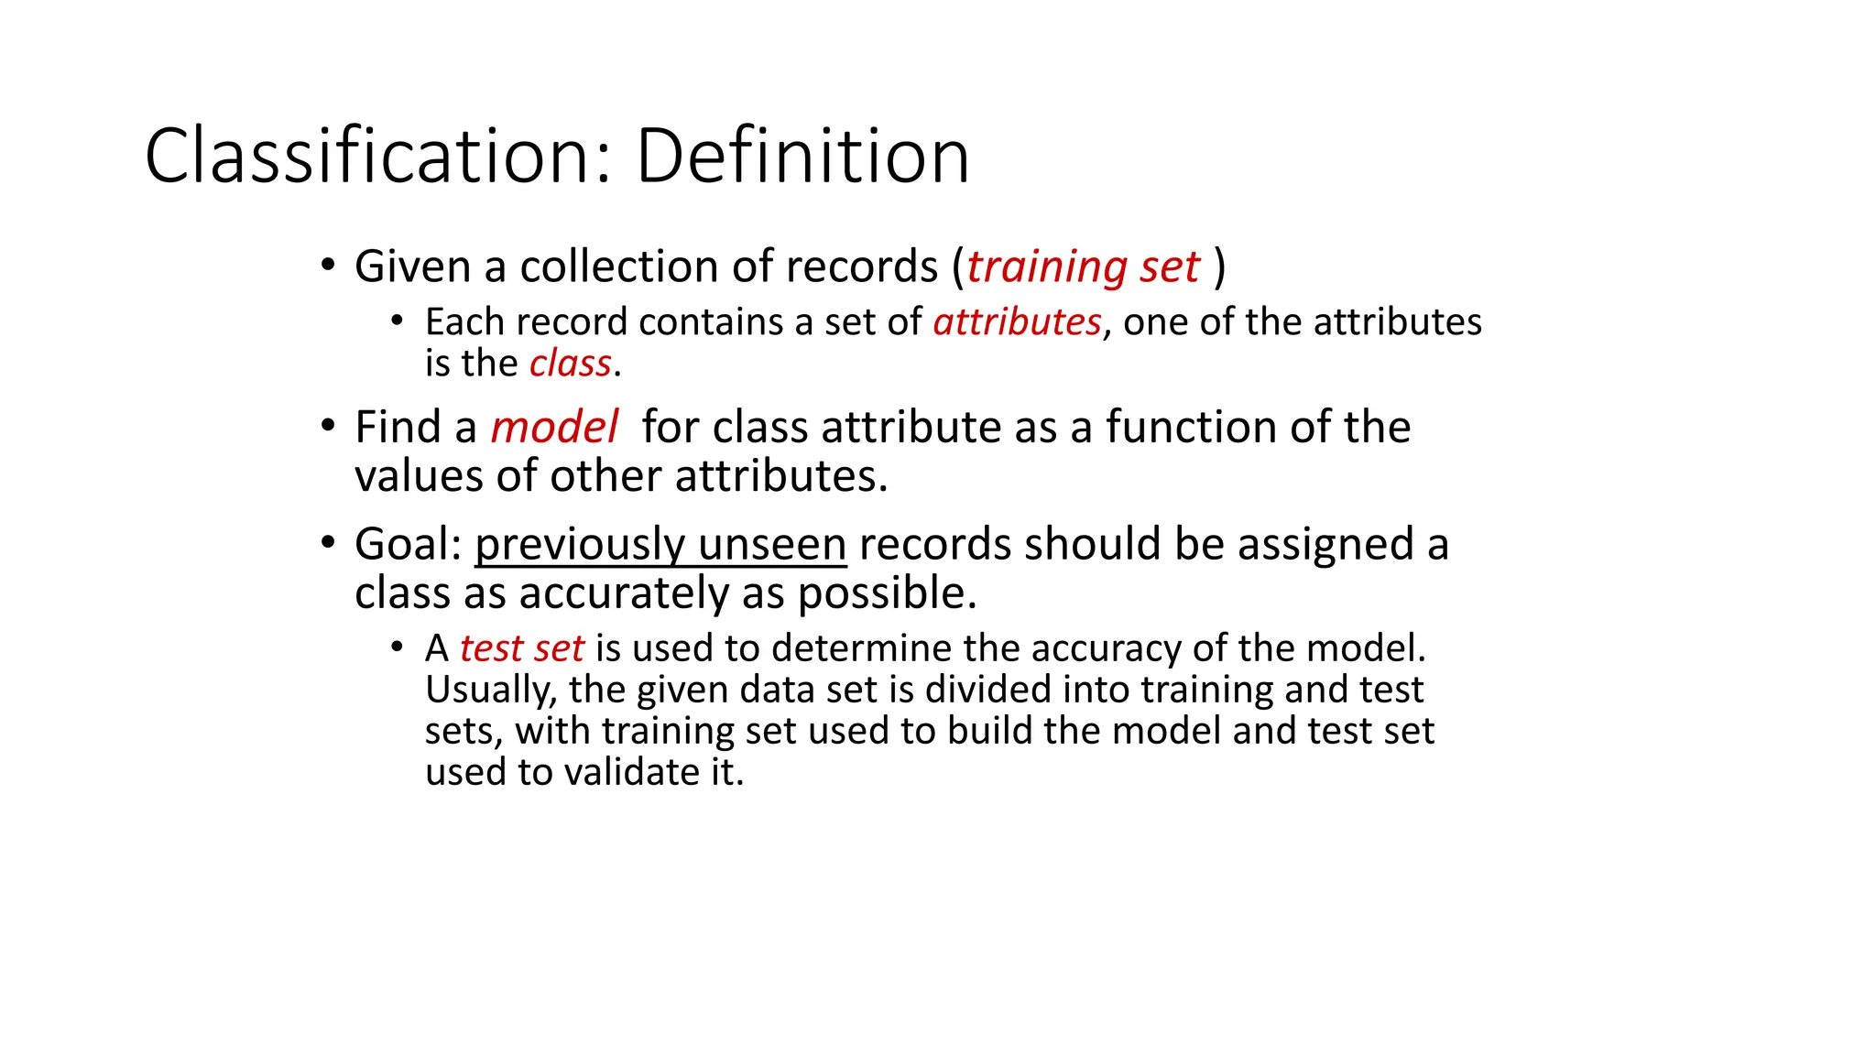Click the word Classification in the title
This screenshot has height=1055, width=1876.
point(371,157)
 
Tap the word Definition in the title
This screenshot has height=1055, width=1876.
point(802,157)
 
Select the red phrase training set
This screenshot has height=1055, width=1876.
point(1083,267)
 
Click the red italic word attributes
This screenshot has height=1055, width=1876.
point(1017,322)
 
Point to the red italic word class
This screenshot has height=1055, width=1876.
point(570,364)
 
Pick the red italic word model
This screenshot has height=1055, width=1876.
point(554,428)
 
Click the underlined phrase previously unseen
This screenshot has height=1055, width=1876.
point(660,545)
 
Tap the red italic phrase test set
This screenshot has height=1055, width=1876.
point(521,648)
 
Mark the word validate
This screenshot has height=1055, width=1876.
point(632,772)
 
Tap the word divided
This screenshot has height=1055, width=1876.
point(988,690)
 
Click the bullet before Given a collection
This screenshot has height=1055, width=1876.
point(328,266)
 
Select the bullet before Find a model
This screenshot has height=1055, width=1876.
point(328,427)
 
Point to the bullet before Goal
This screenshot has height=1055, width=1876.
point(328,543)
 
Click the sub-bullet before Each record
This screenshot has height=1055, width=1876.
point(397,321)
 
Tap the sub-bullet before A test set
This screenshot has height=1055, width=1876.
point(397,647)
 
